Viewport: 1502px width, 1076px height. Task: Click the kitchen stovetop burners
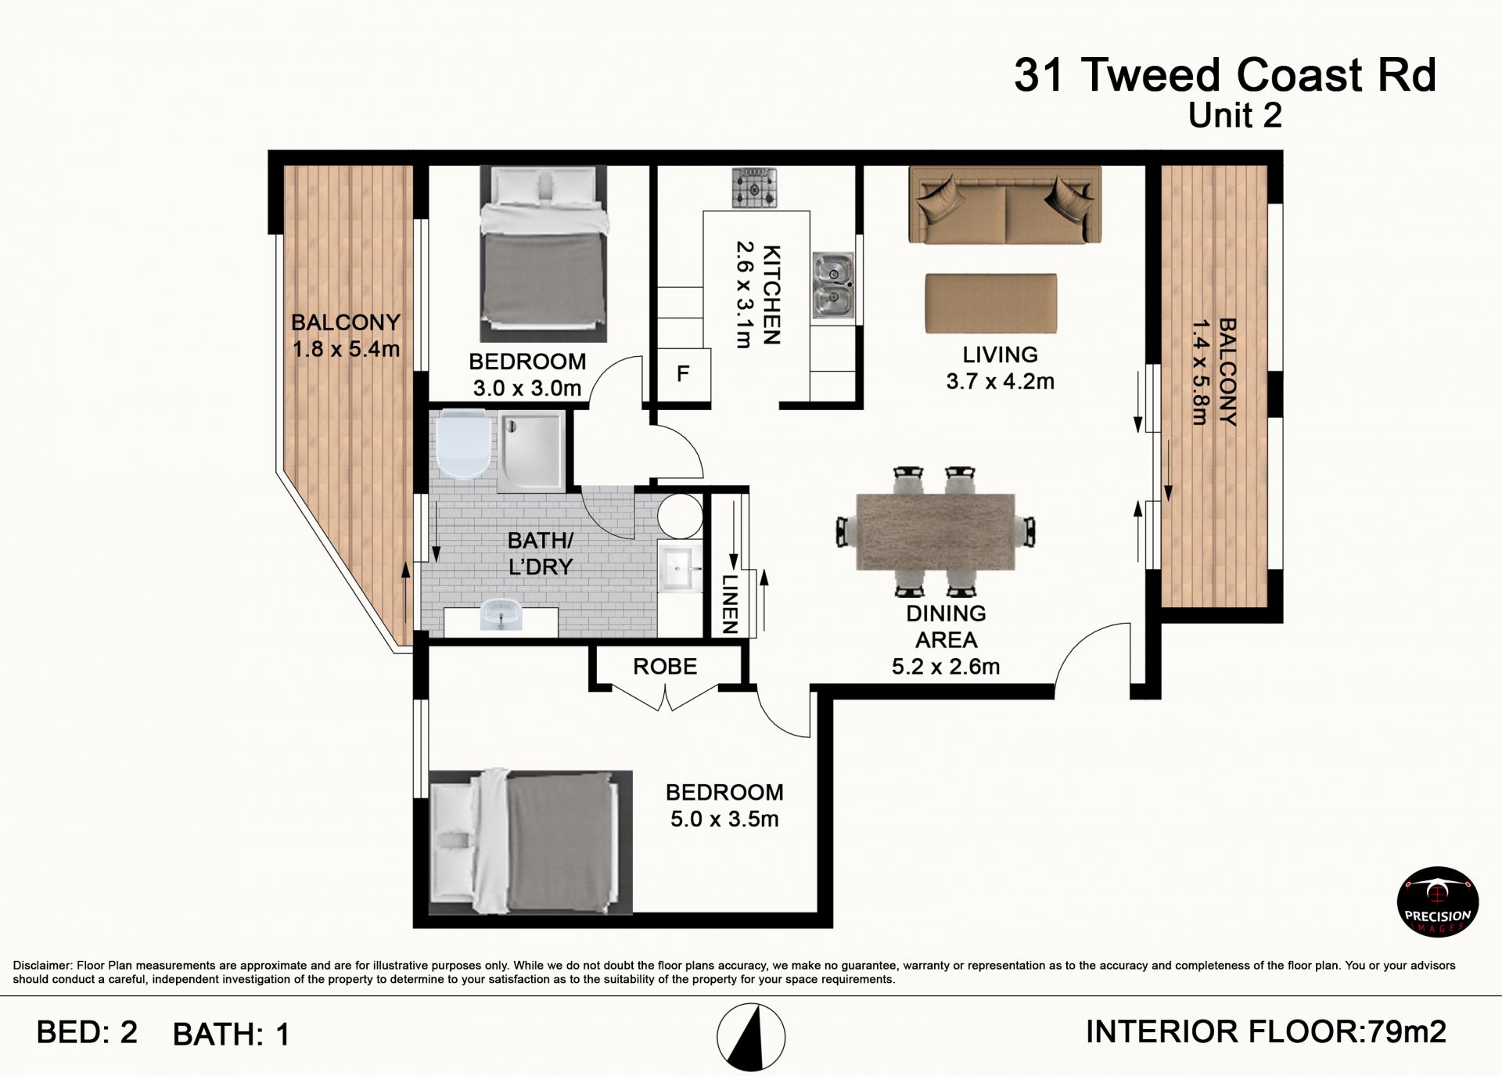click(755, 188)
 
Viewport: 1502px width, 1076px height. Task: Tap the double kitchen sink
click(832, 286)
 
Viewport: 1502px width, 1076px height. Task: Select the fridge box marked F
click(683, 374)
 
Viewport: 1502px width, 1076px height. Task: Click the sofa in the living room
click(1005, 205)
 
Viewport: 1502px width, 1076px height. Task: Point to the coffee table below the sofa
click(991, 303)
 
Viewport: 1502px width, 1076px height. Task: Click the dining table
click(936, 531)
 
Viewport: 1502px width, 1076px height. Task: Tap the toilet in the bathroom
click(464, 444)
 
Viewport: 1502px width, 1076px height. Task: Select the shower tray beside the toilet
click(530, 452)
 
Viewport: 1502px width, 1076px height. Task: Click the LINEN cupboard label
click(729, 603)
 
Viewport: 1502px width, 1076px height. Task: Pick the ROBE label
click(665, 667)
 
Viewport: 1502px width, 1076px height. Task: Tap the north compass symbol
click(751, 1037)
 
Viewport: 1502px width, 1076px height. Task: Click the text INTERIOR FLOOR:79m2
click(1267, 1032)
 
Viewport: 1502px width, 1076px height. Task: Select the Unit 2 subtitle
click(1235, 116)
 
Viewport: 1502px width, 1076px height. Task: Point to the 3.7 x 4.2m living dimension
click(1001, 382)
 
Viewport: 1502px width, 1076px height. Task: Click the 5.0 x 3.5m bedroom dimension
click(724, 819)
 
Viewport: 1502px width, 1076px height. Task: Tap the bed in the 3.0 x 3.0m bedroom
click(544, 254)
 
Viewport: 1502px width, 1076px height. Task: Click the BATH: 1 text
click(232, 1035)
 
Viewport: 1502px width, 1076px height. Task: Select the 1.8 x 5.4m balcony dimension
click(346, 349)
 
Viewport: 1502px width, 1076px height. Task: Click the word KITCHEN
click(771, 295)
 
